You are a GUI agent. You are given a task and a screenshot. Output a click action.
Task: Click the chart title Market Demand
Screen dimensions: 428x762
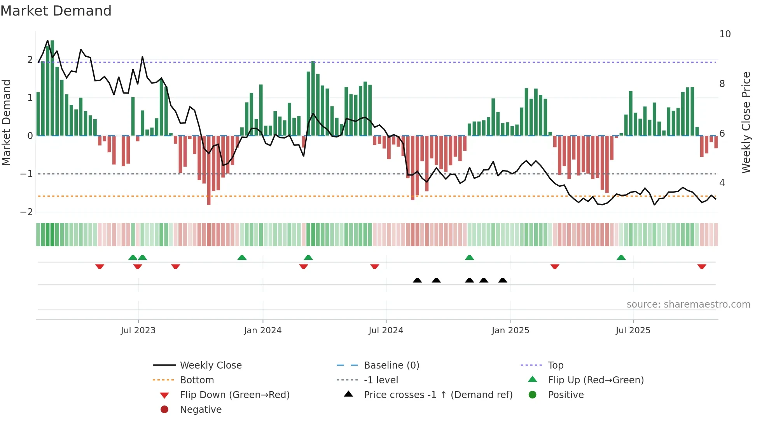click(56, 11)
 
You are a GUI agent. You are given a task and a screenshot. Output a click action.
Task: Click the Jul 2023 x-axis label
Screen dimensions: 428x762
click(138, 331)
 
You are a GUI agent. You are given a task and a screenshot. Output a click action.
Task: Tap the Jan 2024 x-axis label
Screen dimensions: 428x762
click(262, 331)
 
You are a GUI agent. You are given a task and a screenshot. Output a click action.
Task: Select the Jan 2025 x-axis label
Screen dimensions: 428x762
click(510, 331)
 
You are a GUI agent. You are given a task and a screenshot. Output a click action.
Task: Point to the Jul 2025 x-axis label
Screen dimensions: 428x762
click(633, 331)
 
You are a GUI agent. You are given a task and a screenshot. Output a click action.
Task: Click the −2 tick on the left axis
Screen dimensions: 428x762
click(26, 212)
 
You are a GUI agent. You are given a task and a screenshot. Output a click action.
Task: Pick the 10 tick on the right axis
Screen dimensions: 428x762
click(725, 34)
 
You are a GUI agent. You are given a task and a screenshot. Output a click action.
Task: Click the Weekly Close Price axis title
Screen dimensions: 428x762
click(746, 122)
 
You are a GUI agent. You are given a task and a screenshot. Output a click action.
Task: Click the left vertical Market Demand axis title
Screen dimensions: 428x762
click(6, 122)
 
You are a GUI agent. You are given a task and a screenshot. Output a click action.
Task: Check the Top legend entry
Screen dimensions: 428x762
click(555, 365)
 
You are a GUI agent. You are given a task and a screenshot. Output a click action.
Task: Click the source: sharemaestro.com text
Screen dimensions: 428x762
click(688, 304)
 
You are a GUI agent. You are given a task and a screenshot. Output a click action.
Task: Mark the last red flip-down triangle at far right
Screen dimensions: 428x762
click(701, 267)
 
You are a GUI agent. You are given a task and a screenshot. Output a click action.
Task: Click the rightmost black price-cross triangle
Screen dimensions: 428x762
click(503, 280)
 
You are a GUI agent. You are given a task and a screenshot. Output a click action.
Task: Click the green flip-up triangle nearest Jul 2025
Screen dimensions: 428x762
click(621, 257)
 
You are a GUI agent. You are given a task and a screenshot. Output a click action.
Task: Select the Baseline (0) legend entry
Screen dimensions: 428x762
click(391, 365)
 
